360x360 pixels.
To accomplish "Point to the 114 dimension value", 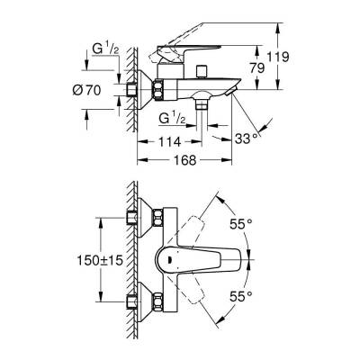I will [169, 141].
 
